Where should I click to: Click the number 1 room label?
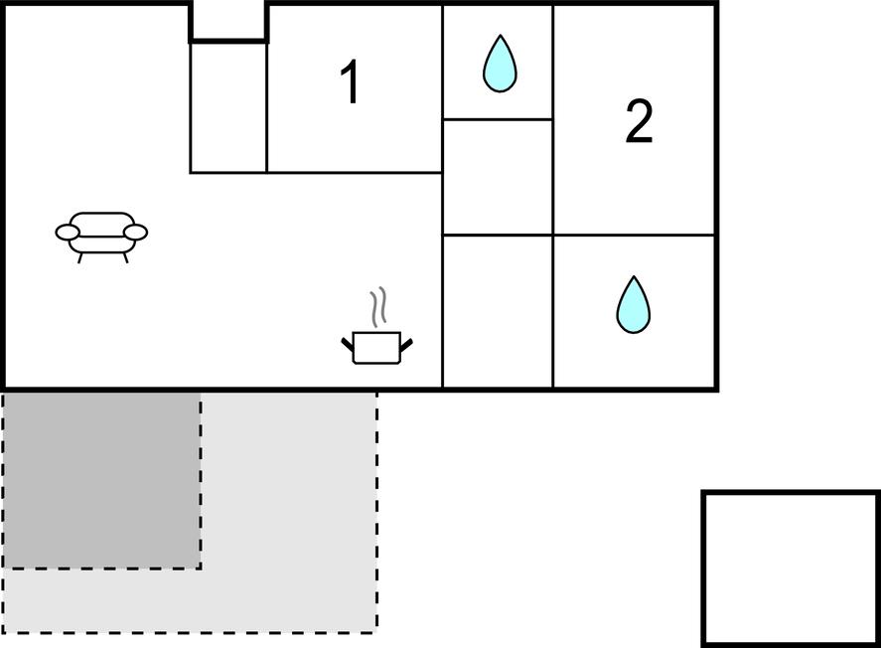(x=350, y=82)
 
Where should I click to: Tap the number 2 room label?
(x=640, y=121)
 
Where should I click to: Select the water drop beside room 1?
(x=500, y=64)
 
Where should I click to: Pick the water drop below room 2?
(x=634, y=304)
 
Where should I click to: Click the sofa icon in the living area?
(x=101, y=237)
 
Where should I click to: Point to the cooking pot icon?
(x=377, y=347)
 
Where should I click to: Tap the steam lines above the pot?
(x=378, y=307)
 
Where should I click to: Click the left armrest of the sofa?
(x=67, y=232)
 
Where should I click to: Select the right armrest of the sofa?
(x=135, y=232)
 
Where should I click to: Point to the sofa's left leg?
(x=80, y=258)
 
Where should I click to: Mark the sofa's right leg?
(x=125, y=258)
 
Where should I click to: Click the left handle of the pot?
(x=348, y=344)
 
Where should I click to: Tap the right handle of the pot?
(x=406, y=344)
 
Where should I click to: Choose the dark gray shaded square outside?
(x=101, y=480)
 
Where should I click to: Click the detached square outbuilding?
(x=791, y=568)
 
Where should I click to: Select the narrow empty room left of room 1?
(x=228, y=106)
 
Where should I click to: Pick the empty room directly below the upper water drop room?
(x=498, y=177)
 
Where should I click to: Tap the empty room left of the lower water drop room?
(x=498, y=311)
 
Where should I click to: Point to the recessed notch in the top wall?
(x=228, y=21)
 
